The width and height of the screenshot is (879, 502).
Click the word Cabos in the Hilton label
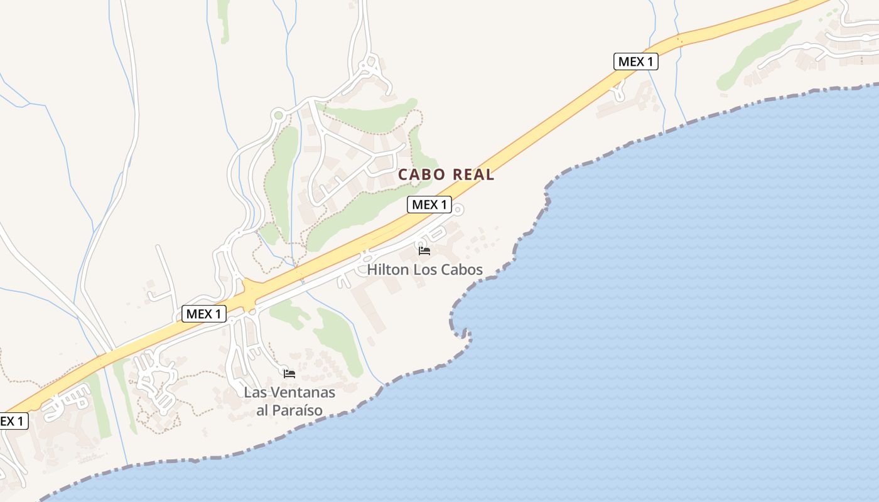click(463, 270)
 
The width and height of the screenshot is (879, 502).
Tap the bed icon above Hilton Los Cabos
click(424, 251)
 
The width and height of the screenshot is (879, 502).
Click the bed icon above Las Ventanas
click(289, 373)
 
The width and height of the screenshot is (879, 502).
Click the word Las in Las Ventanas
click(254, 393)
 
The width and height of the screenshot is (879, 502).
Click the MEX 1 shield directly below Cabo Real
click(429, 205)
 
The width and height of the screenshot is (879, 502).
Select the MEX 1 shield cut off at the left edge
click(13, 421)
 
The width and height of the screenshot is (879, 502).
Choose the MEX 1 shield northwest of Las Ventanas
click(204, 314)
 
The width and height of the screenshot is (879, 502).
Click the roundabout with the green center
click(278, 115)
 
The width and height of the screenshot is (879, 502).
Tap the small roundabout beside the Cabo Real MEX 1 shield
click(458, 210)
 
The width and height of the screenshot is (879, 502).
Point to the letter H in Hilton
click(372, 270)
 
